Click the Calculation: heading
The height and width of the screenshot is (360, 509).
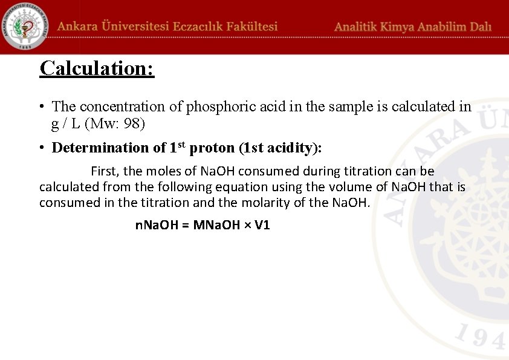[97, 68]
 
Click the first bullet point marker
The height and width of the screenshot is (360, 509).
[42, 107]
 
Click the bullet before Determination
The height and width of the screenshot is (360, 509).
[42, 148]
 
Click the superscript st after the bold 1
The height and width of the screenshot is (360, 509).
[181, 144]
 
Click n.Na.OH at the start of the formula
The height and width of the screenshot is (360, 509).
[156, 225]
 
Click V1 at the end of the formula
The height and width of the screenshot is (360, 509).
[262, 225]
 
